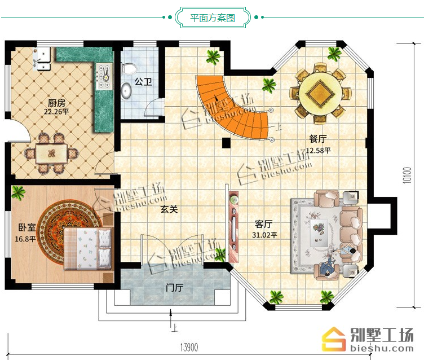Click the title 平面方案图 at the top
pos(212,18)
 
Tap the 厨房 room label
pos(56,103)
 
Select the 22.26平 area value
pos(56,112)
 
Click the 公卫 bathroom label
pos(143,81)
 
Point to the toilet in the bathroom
pos(129,68)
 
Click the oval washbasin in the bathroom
pos(126,90)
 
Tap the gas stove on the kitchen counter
pos(104,76)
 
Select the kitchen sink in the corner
pos(41,59)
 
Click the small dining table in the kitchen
pos(51,153)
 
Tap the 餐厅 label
pos(318,139)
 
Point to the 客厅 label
pos(263,224)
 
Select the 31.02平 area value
pos(265,235)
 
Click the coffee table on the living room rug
pos(319,233)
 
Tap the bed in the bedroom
pos(87,248)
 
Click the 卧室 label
pos(27,227)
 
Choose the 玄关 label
pos(169,209)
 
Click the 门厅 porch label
pos(174,287)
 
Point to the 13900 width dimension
pos(189,347)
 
